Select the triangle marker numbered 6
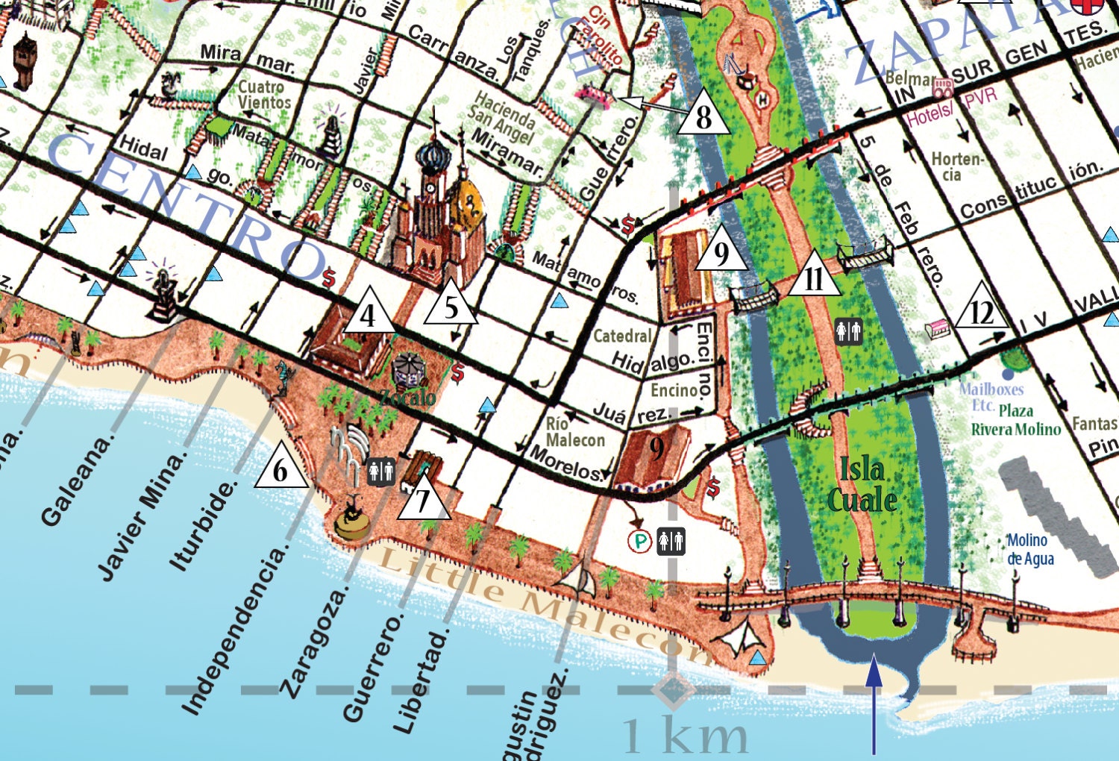280,469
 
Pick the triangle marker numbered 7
423,500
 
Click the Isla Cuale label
862,485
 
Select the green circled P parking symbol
639,541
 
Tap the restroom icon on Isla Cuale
849,331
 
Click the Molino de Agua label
1029,549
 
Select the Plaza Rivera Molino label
1015,420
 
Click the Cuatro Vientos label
262,95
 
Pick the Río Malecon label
574,432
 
